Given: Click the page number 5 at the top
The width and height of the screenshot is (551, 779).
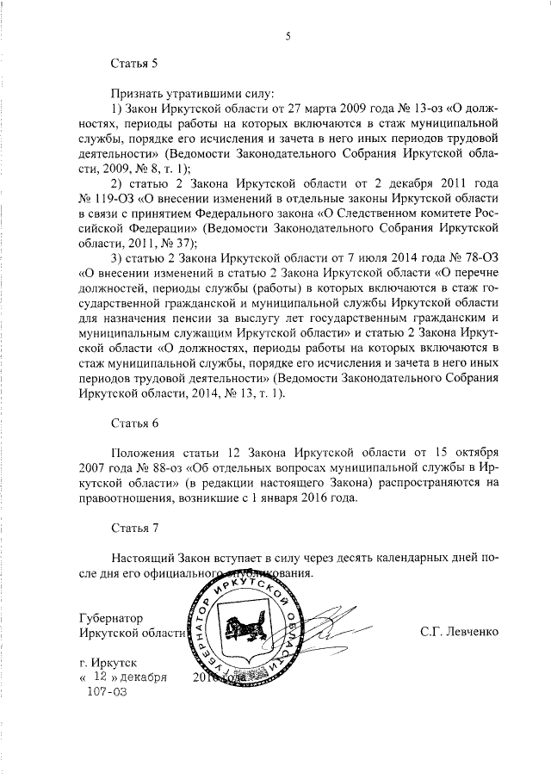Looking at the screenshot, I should pos(288,34).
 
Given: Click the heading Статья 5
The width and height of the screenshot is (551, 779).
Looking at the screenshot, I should pos(135,63).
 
